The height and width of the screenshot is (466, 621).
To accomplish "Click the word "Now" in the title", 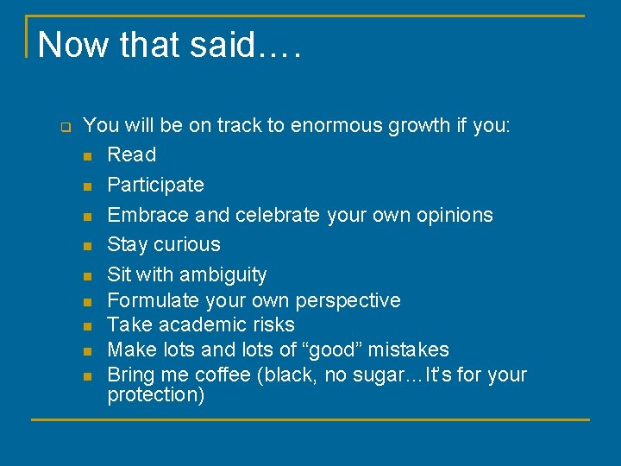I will [x=74, y=45].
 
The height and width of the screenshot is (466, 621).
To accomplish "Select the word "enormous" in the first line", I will [x=336, y=125].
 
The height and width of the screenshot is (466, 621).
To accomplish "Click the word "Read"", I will [x=131, y=154].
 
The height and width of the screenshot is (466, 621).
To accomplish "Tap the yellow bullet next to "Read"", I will [x=87, y=156].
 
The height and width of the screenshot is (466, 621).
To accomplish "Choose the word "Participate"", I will [x=155, y=185].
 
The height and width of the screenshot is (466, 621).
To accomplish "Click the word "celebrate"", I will [x=277, y=214].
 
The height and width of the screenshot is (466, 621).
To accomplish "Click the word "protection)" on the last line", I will [x=155, y=395].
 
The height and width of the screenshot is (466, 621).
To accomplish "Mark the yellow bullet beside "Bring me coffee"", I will [x=87, y=376].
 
